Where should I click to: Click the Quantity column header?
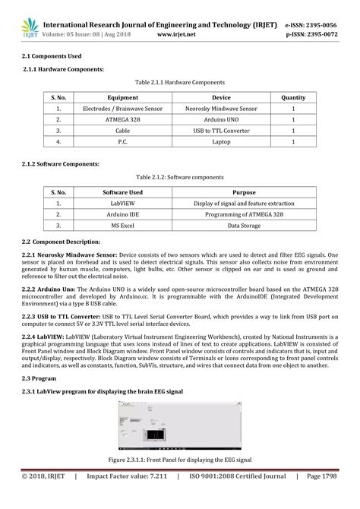[293, 97]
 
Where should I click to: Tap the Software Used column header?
[122, 193]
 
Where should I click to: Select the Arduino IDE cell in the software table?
[122, 215]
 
